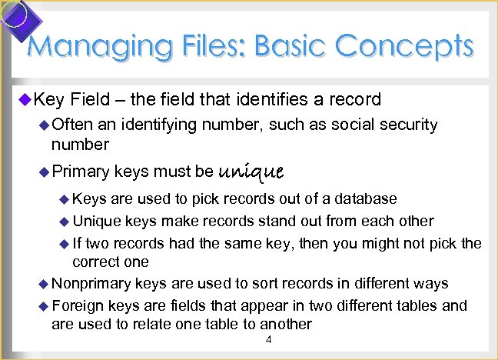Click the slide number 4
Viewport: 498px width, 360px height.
tap(267, 339)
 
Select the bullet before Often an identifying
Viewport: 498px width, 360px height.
tap(44, 125)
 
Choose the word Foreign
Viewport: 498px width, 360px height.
tap(79, 305)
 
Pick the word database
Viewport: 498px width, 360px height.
tap(368, 198)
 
